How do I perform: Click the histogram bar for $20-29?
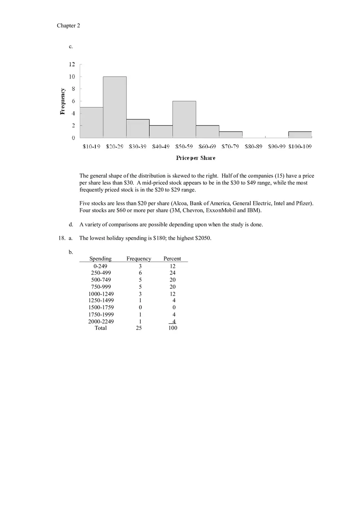[115, 107]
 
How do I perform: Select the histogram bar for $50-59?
[184, 119]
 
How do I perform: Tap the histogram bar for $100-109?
[300, 135]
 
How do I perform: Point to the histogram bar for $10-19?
[91, 122]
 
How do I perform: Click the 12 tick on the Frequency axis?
[72, 64]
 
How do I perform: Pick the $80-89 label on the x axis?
[253, 146]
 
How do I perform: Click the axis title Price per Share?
[196, 158]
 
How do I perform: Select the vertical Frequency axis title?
[63, 101]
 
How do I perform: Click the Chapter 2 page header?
[68, 26]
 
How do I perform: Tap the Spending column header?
[100, 258]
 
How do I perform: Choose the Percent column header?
[172, 258]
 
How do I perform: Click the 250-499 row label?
[101, 273]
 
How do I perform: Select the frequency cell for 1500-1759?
[140, 308]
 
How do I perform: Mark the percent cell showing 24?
[173, 273]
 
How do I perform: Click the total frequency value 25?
[139, 328]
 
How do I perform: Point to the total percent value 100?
[173, 328]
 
